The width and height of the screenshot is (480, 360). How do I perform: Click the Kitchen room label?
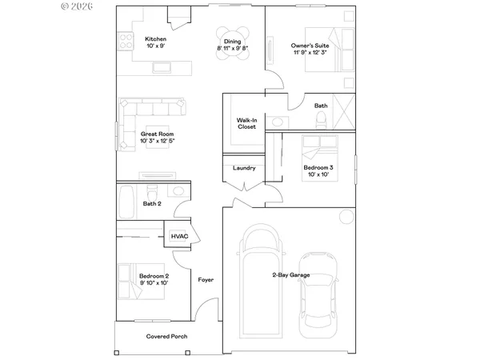point(155,39)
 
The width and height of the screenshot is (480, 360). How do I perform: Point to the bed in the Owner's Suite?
point(343,50)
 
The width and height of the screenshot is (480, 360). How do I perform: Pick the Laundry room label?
point(244,168)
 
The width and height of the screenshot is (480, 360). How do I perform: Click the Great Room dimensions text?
point(157,141)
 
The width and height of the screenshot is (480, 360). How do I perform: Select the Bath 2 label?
point(152,204)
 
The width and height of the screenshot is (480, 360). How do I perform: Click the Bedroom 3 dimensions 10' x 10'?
point(317,174)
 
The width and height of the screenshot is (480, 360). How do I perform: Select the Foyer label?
point(206,279)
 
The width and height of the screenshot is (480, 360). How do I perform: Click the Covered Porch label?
point(166,336)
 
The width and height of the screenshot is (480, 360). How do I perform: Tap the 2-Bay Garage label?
point(290,275)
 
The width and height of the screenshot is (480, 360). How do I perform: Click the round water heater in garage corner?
point(344,216)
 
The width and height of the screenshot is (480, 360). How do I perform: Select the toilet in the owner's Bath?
point(321,119)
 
